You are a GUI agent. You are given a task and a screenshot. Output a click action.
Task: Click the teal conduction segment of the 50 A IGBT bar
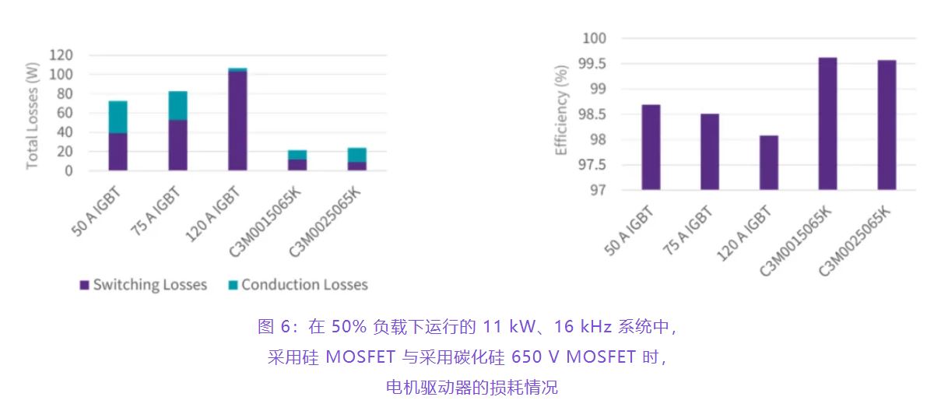coord(118,117)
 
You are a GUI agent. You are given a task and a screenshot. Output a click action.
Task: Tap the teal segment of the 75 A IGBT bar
coord(177,105)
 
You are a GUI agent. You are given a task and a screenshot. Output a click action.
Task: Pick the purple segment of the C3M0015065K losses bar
coord(297,164)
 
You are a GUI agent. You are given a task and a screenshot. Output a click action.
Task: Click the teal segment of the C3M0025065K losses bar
coord(357,155)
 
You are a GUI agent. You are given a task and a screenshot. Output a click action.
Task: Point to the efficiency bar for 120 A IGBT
coord(768,163)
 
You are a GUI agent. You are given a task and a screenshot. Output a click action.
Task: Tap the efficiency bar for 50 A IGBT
coord(651,147)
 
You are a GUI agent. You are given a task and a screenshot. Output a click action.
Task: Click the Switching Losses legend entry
coord(143,285)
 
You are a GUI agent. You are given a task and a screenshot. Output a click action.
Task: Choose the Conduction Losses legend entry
coord(297,285)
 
